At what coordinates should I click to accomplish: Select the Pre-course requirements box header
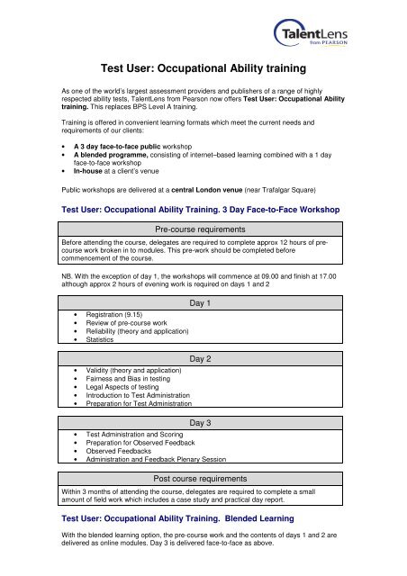203,229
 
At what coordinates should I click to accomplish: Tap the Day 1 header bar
203,304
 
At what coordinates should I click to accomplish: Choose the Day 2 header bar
203,359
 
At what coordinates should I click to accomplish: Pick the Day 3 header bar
203,422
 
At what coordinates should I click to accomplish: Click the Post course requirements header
203,478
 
